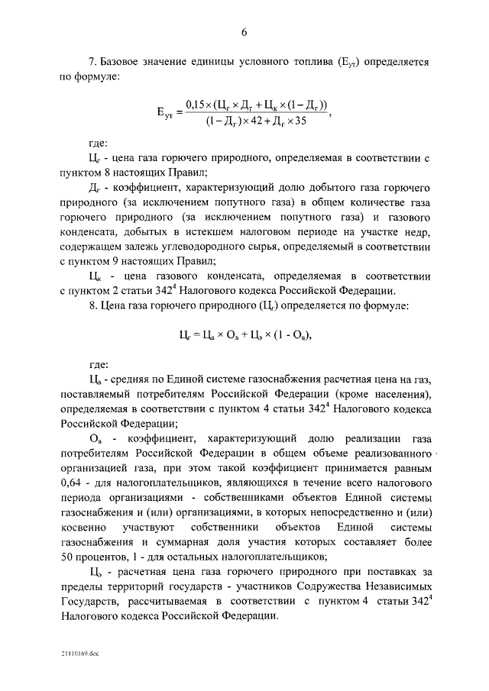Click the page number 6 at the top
coord(244,31)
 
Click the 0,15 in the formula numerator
coord(197,105)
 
